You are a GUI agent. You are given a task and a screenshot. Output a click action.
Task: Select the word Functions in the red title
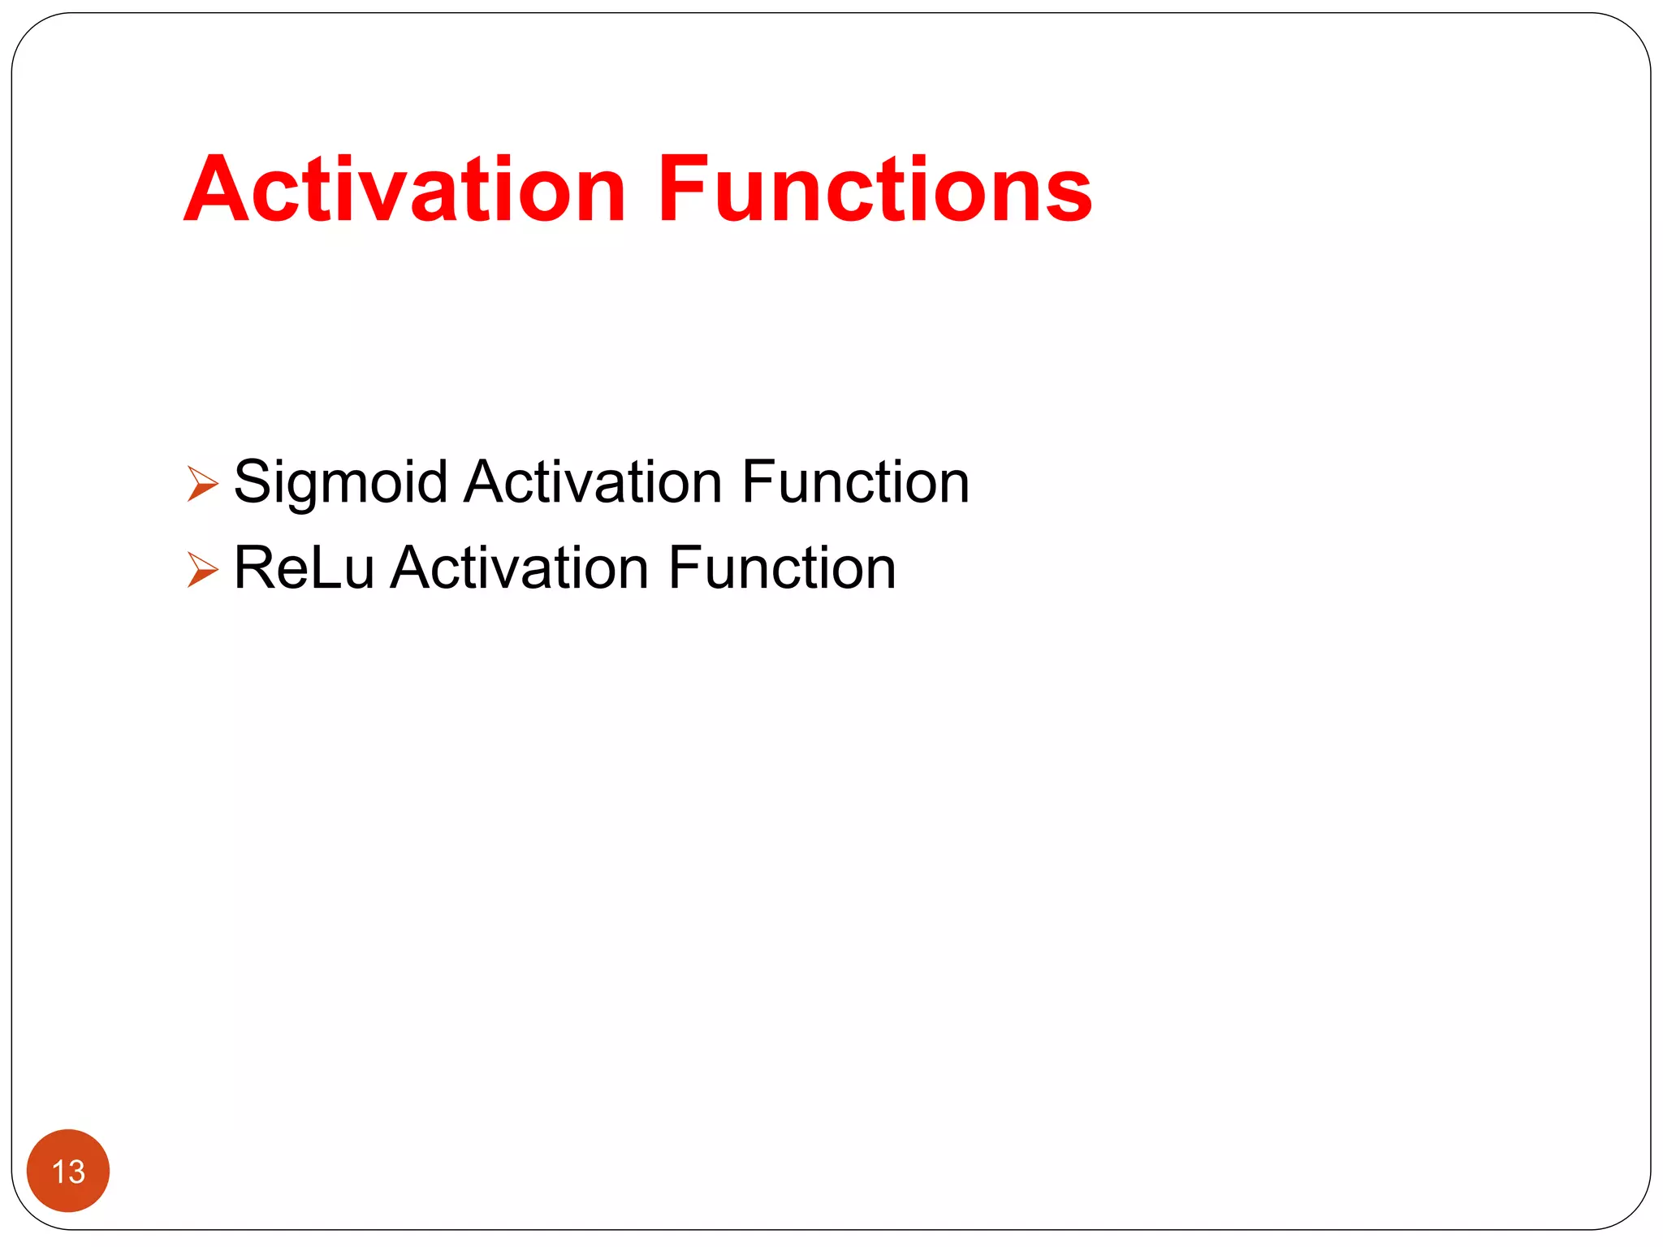point(875,189)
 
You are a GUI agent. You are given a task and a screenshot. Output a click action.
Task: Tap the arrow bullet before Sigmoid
point(202,483)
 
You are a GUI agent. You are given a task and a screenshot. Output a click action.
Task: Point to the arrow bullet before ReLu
point(202,569)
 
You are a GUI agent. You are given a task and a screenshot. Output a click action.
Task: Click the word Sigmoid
point(340,483)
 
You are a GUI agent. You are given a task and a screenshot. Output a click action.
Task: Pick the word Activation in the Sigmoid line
point(593,481)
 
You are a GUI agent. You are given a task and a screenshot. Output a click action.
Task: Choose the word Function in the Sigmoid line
point(855,481)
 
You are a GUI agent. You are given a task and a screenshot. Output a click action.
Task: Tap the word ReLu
point(304,567)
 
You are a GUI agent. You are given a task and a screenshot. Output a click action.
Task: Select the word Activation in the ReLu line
point(520,567)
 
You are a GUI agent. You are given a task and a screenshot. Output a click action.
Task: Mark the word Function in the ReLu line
point(782,567)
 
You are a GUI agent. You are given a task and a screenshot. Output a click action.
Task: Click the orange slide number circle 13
point(68,1170)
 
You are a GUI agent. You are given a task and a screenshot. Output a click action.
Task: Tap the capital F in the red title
point(680,189)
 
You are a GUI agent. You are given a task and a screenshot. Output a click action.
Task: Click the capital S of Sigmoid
point(253,481)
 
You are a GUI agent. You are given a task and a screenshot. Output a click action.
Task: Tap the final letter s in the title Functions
point(1069,195)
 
